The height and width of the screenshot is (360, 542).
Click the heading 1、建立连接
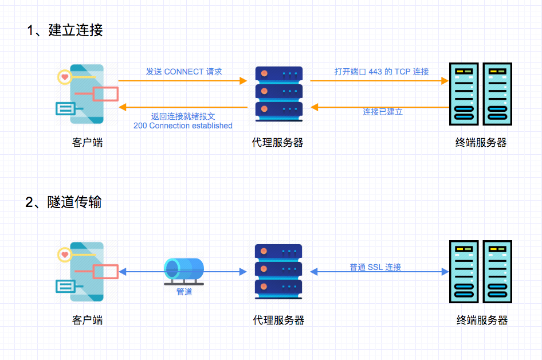click(65, 30)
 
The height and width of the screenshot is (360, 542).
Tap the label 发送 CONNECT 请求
click(184, 72)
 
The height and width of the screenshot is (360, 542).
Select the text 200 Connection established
click(183, 126)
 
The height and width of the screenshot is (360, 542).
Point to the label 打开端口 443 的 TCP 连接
click(382, 72)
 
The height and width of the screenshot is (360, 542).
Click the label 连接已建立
click(383, 112)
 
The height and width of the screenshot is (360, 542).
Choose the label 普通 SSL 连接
click(375, 267)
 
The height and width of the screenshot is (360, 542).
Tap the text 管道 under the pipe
click(184, 292)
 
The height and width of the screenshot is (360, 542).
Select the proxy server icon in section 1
click(279, 93)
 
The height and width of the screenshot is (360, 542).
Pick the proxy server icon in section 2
click(279, 271)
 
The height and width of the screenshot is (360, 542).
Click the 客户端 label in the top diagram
click(88, 143)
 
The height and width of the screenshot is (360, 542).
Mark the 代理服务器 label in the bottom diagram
click(279, 320)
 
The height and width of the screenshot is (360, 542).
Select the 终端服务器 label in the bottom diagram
click(482, 320)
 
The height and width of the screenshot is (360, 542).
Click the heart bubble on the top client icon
click(65, 76)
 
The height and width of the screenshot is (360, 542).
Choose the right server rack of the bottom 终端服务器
click(497, 271)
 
